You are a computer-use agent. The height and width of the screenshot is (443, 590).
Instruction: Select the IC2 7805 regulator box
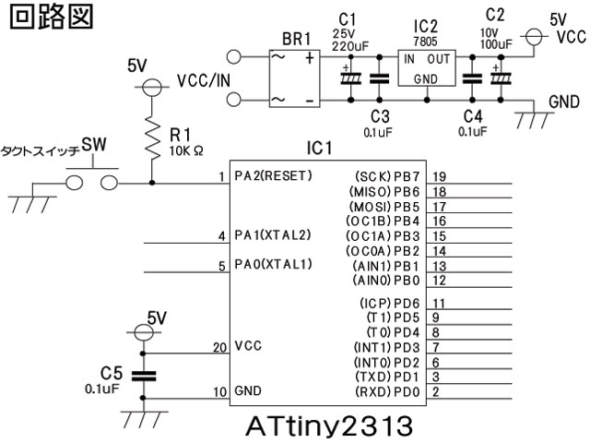pos(426,67)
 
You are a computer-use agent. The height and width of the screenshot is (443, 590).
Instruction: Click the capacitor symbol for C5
pos(143,376)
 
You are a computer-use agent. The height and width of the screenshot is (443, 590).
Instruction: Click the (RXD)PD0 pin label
pos(386,392)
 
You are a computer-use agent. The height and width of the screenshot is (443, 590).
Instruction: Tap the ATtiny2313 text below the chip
pos(324,428)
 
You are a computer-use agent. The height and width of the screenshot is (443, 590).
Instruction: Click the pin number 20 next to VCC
pos(218,347)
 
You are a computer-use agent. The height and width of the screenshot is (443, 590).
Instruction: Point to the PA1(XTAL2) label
pos(273,236)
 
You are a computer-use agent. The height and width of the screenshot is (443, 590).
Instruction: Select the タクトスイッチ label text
pos(40,148)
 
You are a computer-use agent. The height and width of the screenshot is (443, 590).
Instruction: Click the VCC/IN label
pos(204,80)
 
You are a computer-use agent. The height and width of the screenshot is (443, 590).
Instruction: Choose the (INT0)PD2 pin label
pos(386,362)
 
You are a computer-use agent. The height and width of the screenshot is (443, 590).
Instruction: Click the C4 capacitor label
pos(471,115)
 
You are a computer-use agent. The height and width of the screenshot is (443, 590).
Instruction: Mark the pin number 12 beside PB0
pos(440,280)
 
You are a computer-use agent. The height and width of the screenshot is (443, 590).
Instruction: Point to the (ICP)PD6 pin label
pos(388,303)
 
